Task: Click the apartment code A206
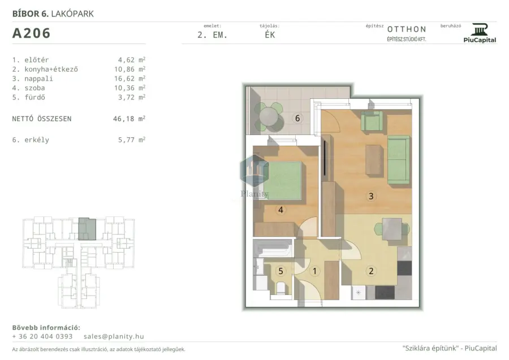click(x=31, y=33)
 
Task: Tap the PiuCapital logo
click(x=480, y=33)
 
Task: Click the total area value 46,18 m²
click(x=129, y=119)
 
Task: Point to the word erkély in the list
click(x=37, y=140)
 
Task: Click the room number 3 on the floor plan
click(x=371, y=196)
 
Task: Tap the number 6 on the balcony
click(x=297, y=118)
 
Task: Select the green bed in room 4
click(x=282, y=180)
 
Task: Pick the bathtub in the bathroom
click(x=273, y=248)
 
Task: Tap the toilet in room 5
click(x=281, y=288)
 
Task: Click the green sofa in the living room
click(x=398, y=160)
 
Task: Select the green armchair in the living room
click(x=372, y=120)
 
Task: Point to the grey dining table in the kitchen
click(x=392, y=229)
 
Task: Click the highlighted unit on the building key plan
click(x=87, y=229)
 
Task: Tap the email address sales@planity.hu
click(x=114, y=336)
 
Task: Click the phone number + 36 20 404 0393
click(x=42, y=336)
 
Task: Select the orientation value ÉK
click(x=270, y=34)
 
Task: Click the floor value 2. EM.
click(x=212, y=35)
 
